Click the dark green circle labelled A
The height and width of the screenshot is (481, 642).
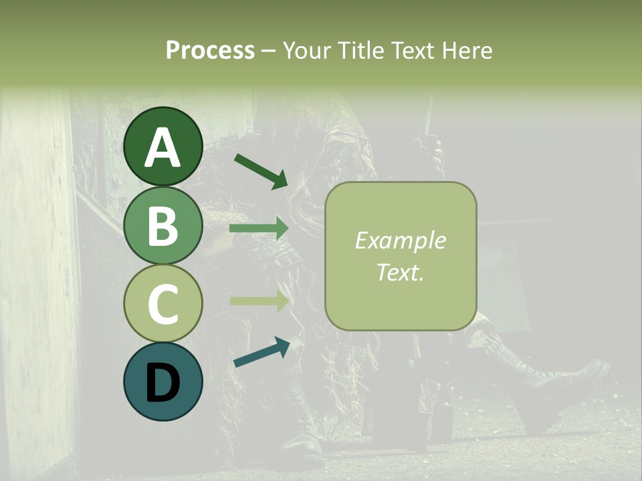163,146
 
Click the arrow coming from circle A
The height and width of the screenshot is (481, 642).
261,170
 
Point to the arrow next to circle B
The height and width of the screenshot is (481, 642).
259,228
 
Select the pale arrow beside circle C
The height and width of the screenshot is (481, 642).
259,301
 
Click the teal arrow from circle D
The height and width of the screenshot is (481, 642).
261,352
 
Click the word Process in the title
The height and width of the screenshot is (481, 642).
210,50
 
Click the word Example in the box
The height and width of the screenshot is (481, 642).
400,240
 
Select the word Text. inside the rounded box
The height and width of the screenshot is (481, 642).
400,272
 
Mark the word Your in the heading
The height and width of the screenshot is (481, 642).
306,50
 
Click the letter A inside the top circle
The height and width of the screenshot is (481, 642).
163,148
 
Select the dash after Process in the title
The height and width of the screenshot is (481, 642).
268,51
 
